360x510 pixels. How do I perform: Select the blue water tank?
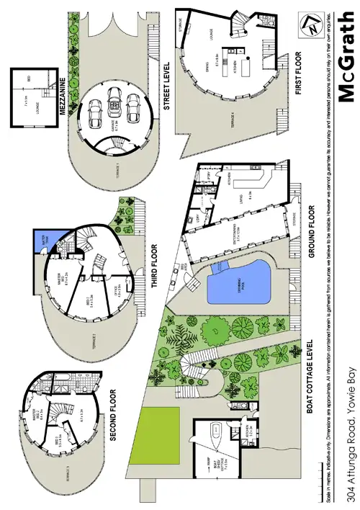click(42, 240)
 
